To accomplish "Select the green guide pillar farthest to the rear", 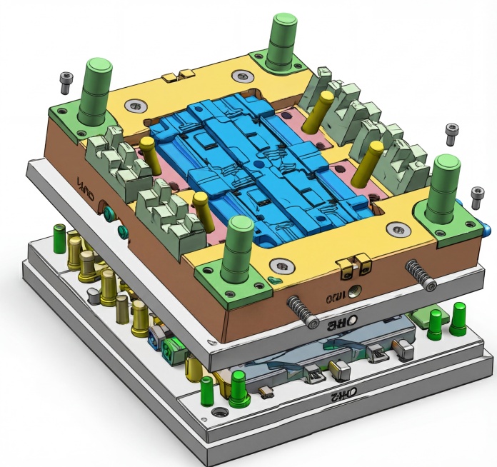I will pos(284,39).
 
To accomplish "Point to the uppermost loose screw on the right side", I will pos(451,131).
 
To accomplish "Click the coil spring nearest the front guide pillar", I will pos(303,311).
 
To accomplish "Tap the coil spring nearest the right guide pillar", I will pos(421,275).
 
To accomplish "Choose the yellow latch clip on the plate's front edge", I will pos(354,265).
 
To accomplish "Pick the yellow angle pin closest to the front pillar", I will pos(201,210).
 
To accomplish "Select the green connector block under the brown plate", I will pos(169,350).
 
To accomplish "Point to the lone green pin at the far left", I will pos(60,236).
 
